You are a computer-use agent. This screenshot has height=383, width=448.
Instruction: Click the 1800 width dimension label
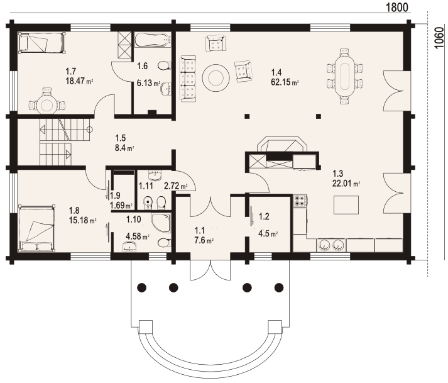[x=397, y=7]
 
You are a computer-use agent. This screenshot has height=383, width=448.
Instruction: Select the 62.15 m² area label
[x=285, y=82]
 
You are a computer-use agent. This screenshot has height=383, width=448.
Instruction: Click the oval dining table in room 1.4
[x=344, y=77]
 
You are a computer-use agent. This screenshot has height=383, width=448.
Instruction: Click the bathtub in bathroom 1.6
[x=152, y=40]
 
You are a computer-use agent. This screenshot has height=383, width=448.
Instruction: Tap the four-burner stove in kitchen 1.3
[x=300, y=200]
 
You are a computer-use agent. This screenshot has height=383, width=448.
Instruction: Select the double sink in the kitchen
[x=331, y=245]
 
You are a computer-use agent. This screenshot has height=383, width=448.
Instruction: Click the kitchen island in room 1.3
[x=346, y=204]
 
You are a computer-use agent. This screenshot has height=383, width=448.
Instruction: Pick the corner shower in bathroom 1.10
[x=161, y=223]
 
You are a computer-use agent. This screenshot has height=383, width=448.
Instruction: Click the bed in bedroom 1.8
[x=37, y=228]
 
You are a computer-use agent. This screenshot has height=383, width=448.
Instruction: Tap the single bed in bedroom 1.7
[x=41, y=43]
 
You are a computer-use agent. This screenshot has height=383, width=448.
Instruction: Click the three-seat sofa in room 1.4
[x=188, y=79]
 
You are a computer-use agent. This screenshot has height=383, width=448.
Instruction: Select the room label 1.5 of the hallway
[x=120, y=138]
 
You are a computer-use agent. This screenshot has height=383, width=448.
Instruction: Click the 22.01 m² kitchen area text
[x=346, y=184]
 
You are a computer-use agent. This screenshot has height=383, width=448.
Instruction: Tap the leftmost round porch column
[x=142, y=287]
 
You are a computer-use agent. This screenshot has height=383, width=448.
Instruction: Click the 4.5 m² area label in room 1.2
[x=268, y=234]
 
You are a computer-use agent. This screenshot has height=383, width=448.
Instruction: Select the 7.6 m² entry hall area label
[x=204, y=241]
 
